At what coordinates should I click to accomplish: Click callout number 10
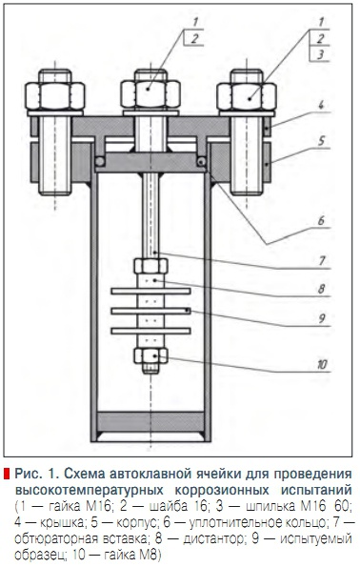pyautogui.click(x=322, y=364)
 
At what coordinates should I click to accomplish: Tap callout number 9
pyautogui.click(x=322, y=318)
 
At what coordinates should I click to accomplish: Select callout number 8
pyautogui.click(x=321, y=289)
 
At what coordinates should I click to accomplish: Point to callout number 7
pyautogui.click(x=322, y=261)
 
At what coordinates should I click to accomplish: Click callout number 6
pyautogui.click(x=321, y=220)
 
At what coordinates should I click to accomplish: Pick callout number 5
pyautogui.click(x=321, y=141)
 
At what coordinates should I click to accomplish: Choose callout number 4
pyautogui.click(x=321, y=106)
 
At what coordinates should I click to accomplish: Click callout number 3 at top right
pyautogui.click(x=320, y=55)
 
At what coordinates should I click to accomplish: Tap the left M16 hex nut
pyautogui.click(x=55, y=96)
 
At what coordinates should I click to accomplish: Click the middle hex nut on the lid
pyautogui.click(x=150, y=94)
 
